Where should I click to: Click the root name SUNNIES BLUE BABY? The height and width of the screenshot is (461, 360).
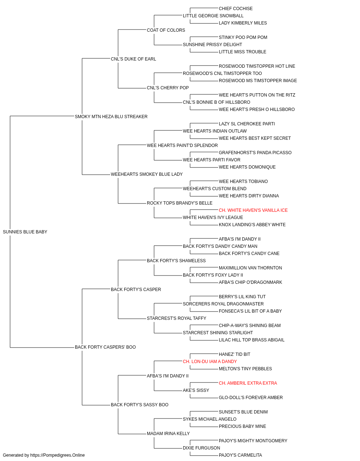point(25,232)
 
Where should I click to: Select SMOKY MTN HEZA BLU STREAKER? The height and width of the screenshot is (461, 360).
point(111,117)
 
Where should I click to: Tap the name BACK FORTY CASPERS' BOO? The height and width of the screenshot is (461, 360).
point(105,347)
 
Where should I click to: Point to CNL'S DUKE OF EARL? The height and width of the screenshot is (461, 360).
point(133,59)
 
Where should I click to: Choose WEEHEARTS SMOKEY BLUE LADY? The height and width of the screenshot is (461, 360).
point(147,174)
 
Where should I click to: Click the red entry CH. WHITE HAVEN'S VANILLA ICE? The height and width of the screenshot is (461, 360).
point(253,210)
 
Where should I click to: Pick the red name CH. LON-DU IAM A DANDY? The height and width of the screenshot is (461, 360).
point(210,362)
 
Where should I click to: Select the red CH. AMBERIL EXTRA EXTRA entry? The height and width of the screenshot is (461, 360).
point(248,383)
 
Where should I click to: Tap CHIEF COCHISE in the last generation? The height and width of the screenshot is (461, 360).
point(236,9)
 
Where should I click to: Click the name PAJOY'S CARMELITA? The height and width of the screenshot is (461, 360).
point(240,455)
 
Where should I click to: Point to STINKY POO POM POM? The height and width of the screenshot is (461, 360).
point(243,37)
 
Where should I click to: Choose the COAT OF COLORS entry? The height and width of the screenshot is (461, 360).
point(166,30)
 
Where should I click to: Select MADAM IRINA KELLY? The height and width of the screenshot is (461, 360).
point(168,433)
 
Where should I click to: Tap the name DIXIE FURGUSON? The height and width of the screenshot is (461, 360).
point(201,448)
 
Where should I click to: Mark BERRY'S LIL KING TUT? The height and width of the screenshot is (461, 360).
point(242,297)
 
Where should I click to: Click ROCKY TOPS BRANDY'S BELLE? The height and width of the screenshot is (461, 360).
point(180,203)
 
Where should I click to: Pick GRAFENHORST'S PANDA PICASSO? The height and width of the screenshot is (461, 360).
point(255,153)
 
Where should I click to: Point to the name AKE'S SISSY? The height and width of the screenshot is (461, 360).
point(196,390)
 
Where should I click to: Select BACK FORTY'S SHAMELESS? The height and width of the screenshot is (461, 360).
point(176,261)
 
